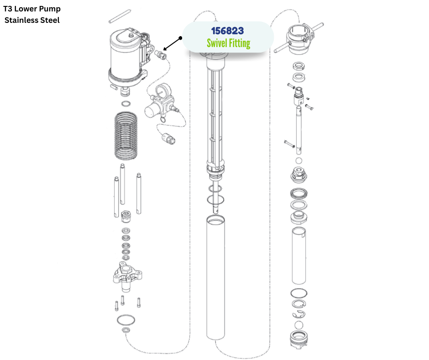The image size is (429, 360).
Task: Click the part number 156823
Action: [x=227, y=31]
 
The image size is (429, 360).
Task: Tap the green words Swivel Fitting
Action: [x=229, y=43]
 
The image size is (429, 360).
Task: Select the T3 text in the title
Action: [x=8, y=9]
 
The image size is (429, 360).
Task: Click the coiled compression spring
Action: [x=126, y=135]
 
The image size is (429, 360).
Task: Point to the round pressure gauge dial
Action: [x=163, y=90]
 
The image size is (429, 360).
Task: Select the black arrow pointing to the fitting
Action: [x=172, y=44]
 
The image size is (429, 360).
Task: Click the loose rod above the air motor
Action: [x=120, y=16]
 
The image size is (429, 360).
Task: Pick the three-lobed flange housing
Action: [x=127, y=276]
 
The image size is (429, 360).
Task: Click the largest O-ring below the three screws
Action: [x=126, y=320]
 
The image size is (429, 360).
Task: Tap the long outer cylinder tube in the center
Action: [x=215, y=277]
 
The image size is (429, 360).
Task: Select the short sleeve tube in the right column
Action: [x=299, y=256]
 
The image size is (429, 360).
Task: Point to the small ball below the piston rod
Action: [x=299, y=160]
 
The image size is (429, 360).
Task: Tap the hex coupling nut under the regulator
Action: [x=169, y=138]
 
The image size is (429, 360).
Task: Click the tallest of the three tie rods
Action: [x=122, y=184]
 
